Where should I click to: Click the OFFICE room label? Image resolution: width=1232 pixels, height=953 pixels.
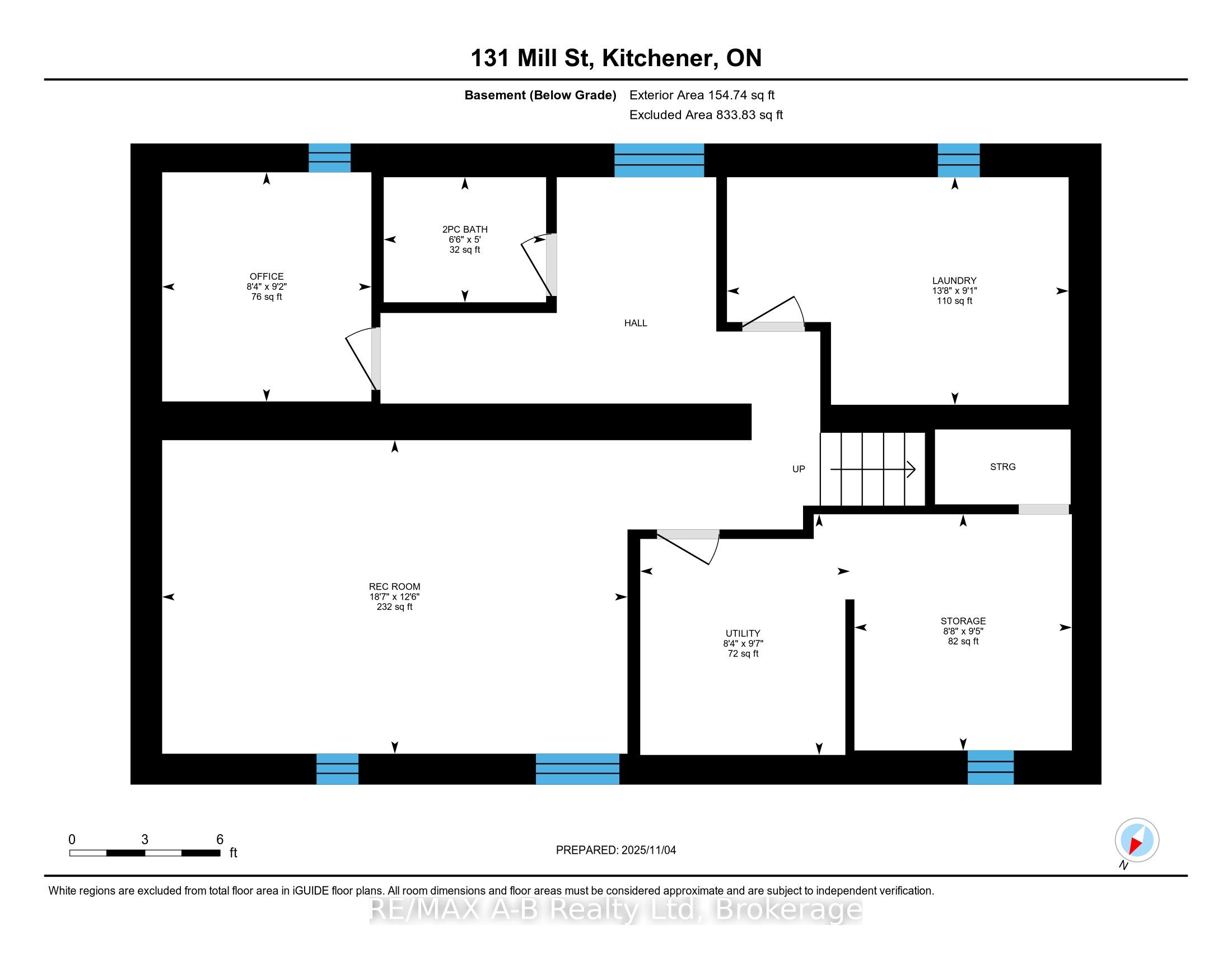click(x=266, y=276)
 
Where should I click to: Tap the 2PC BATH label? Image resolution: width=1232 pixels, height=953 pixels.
click(x=465, y=229)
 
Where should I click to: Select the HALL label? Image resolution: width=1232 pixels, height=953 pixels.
click(x=635, y=323)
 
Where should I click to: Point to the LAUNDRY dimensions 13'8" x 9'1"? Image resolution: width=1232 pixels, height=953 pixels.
click(x=954, y=291)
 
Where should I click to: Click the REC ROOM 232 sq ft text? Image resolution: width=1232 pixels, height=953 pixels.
click(x=394, y=607)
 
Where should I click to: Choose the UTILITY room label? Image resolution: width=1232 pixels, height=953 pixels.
click(x=743, y=633)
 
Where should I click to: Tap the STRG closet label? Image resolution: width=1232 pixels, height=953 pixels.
click(x=1002, y=466)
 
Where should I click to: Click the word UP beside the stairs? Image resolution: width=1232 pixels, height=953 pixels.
click(x=798, y=469)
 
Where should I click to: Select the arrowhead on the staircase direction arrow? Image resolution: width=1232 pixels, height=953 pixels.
click(x=911, y=469)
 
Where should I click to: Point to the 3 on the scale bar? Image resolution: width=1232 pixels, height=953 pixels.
click(x=144, y=840)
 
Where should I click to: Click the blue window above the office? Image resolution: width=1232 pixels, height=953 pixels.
click(x=329, y=158)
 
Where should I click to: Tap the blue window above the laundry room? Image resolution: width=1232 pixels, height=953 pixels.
click(x=958, y=160)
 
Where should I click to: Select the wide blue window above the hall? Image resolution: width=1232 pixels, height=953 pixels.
click(x=659, y=160)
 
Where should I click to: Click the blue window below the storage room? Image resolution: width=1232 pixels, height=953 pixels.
click(x=990, y=767)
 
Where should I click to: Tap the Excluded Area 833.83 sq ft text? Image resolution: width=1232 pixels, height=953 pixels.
click(x=706, y=114)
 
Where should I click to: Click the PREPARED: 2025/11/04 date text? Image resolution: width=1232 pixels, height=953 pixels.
click(x=615, y=850)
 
